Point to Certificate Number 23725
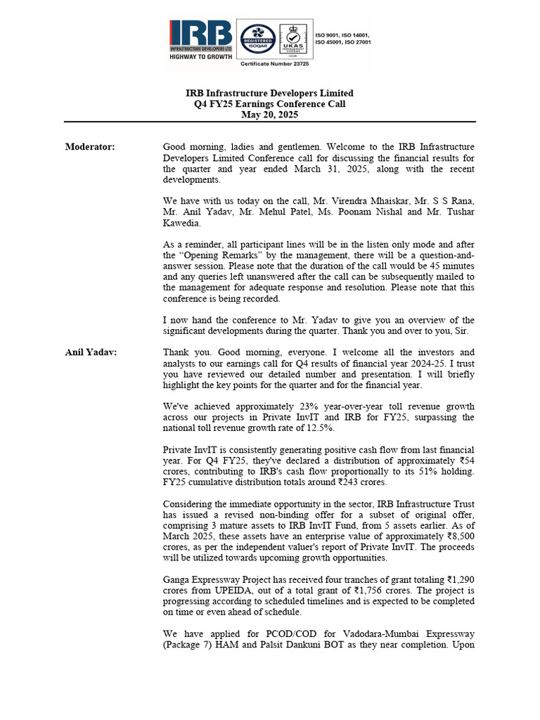coord(275,64)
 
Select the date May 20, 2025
coord(269,115)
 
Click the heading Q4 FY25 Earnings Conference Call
coord(269,104)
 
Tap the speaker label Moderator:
coord(90,147)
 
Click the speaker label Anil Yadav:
coord(91,352)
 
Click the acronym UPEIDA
coord(214,591)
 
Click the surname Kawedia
coord(184,223)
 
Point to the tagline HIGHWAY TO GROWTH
coord(200,58)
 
